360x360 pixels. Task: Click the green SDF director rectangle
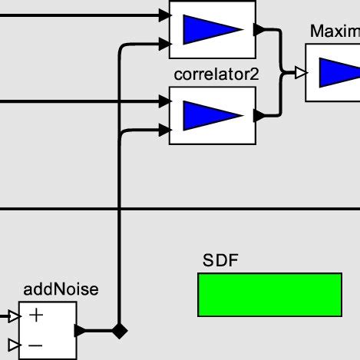[269, 295]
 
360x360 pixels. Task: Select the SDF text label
[220, 260]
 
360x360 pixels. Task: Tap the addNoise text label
[61, 289]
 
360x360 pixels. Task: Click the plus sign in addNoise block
[36, 315]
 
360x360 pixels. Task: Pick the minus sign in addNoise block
[36, 345]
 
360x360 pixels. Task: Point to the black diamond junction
[118, 331]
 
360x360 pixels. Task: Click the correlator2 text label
[211, 75]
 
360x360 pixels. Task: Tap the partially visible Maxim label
[335, 31]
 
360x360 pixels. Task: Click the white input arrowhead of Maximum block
[301, 73]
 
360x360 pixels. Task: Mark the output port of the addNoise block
[81, 331]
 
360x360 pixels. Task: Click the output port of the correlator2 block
[259, 115]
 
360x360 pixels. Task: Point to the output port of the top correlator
[259, 29]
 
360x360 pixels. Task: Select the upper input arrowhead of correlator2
[163, 101]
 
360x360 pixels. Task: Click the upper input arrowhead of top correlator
[163, 15]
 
